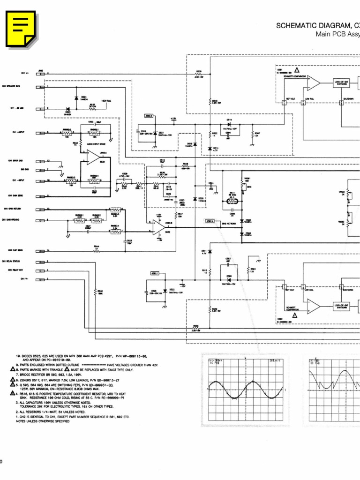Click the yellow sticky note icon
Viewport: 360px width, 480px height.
21,28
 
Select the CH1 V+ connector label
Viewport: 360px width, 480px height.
24,74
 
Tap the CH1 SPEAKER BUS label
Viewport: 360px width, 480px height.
11,87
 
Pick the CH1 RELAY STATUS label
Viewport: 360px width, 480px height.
11,261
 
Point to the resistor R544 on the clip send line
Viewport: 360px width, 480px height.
97,250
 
